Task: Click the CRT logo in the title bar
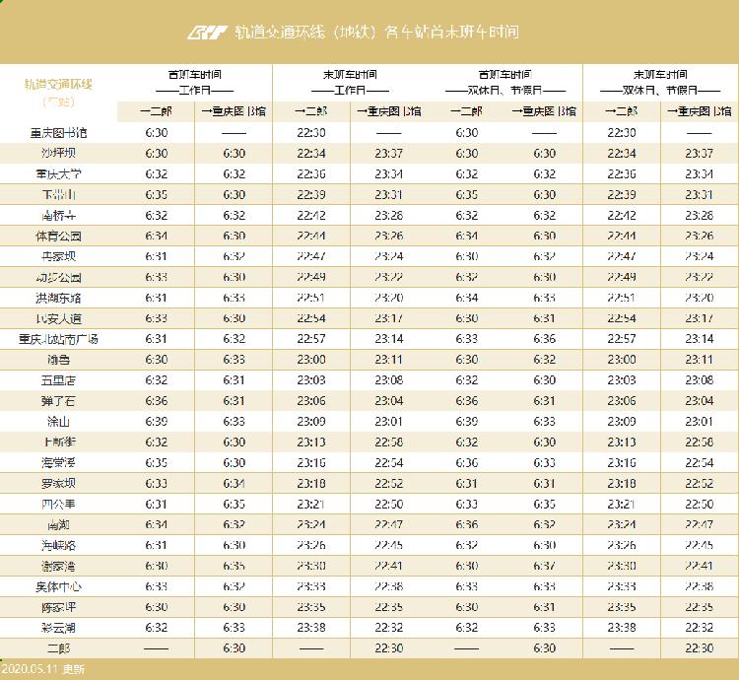(x=207, y=32)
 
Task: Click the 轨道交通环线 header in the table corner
(x=58, y=85)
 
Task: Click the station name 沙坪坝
(x=58, y=153)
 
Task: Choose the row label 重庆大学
(x=58, y=173)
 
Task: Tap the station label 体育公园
(x=58, y=236)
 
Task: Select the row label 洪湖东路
(x=58, y=298)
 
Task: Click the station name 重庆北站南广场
(x=58, y=339)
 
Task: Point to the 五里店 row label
(x=58, y=379)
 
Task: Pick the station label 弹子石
(x=58, y=401)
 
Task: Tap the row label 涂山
(x=58, y=422)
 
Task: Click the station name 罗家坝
(x=58, y=484)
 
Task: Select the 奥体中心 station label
(x=58, y=586)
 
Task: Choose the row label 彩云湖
(x=58, y=627)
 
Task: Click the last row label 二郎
(x=58, y=648)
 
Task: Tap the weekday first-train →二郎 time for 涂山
(x=156, y=422)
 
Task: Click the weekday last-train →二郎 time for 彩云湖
(x=311, y=627)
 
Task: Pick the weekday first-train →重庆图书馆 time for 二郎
(x=234, y=648)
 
